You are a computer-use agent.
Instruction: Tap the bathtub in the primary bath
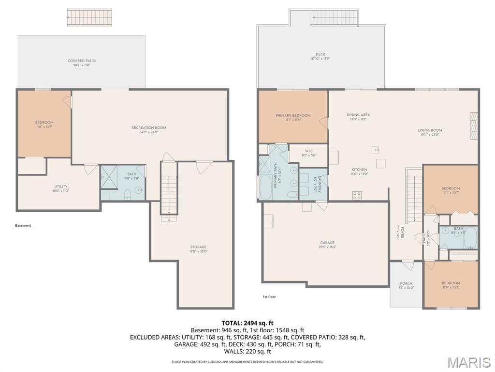point(265,187)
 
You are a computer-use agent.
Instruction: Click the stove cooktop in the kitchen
point(357,195)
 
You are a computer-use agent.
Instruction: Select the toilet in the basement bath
point(128,195)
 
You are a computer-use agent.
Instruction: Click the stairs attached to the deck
point(335,18)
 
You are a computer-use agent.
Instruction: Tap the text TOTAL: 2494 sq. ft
point(247,323)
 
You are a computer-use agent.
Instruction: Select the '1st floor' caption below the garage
point(269,297)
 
